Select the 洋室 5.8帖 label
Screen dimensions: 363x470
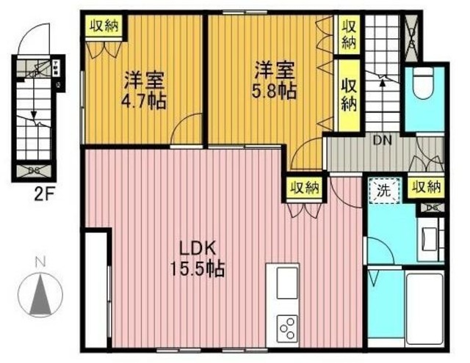[x=275, y=81]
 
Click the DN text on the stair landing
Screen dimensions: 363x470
[x=380, y=140]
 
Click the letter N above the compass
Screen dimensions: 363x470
[x=42, y=261]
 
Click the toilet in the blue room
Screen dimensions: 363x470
[x=425, y=86]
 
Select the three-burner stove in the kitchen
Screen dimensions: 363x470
[x=287, y=326]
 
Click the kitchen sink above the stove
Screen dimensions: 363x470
[x=286, y=282]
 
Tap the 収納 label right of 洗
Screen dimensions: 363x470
[x=426, y=188]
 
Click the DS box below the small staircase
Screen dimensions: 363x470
[x=35, y=172]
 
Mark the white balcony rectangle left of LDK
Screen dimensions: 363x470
[x=96, y=290]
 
